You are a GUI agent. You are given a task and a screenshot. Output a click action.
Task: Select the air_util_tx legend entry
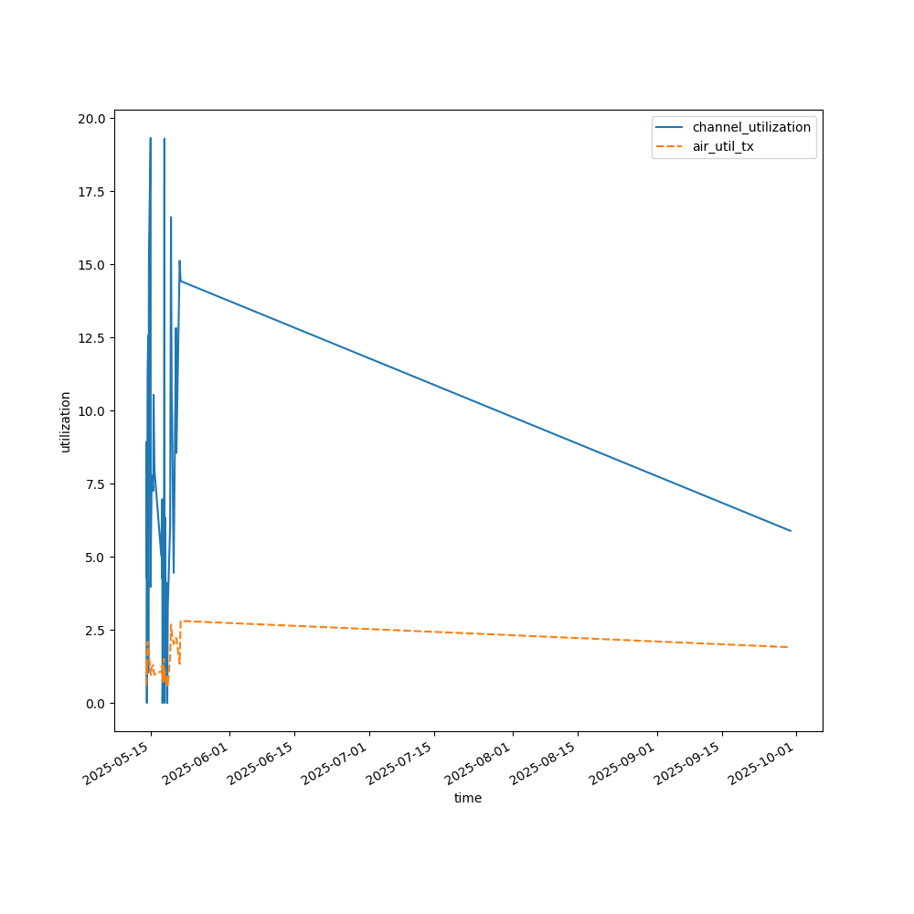723,146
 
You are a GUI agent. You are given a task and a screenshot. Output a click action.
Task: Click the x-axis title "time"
468,798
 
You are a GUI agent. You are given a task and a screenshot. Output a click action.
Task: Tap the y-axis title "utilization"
65,421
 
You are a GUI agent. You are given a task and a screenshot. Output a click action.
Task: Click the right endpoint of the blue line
791,531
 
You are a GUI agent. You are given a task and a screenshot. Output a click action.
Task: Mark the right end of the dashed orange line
788,647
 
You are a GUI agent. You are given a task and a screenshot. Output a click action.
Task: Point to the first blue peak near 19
150,138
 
